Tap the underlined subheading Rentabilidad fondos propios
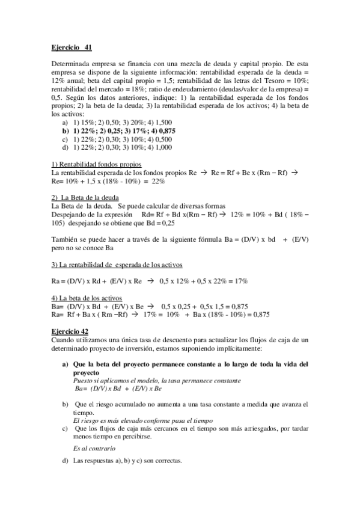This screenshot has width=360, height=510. tap(96, 164)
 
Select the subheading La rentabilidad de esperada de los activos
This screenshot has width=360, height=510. tap(117, 265)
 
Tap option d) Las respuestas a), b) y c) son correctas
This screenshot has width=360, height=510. tap(121, 462)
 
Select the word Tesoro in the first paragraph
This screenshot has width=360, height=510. tap(281, 79)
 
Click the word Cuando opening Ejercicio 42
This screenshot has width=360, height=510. tap(64, 340)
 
